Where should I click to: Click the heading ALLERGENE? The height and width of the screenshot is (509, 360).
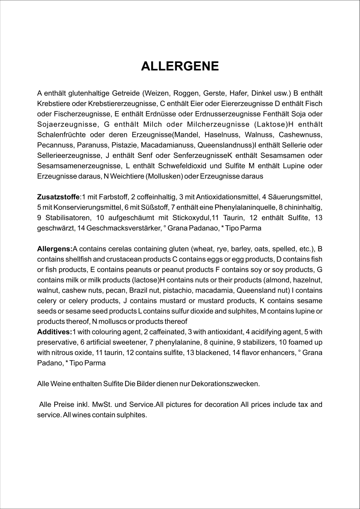tap(180, 66)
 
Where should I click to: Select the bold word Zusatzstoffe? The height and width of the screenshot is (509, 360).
tap(58, 196)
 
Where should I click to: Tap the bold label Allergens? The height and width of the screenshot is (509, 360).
tap(55, 249)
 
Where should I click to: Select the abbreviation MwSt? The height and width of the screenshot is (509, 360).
tap(101, 405)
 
